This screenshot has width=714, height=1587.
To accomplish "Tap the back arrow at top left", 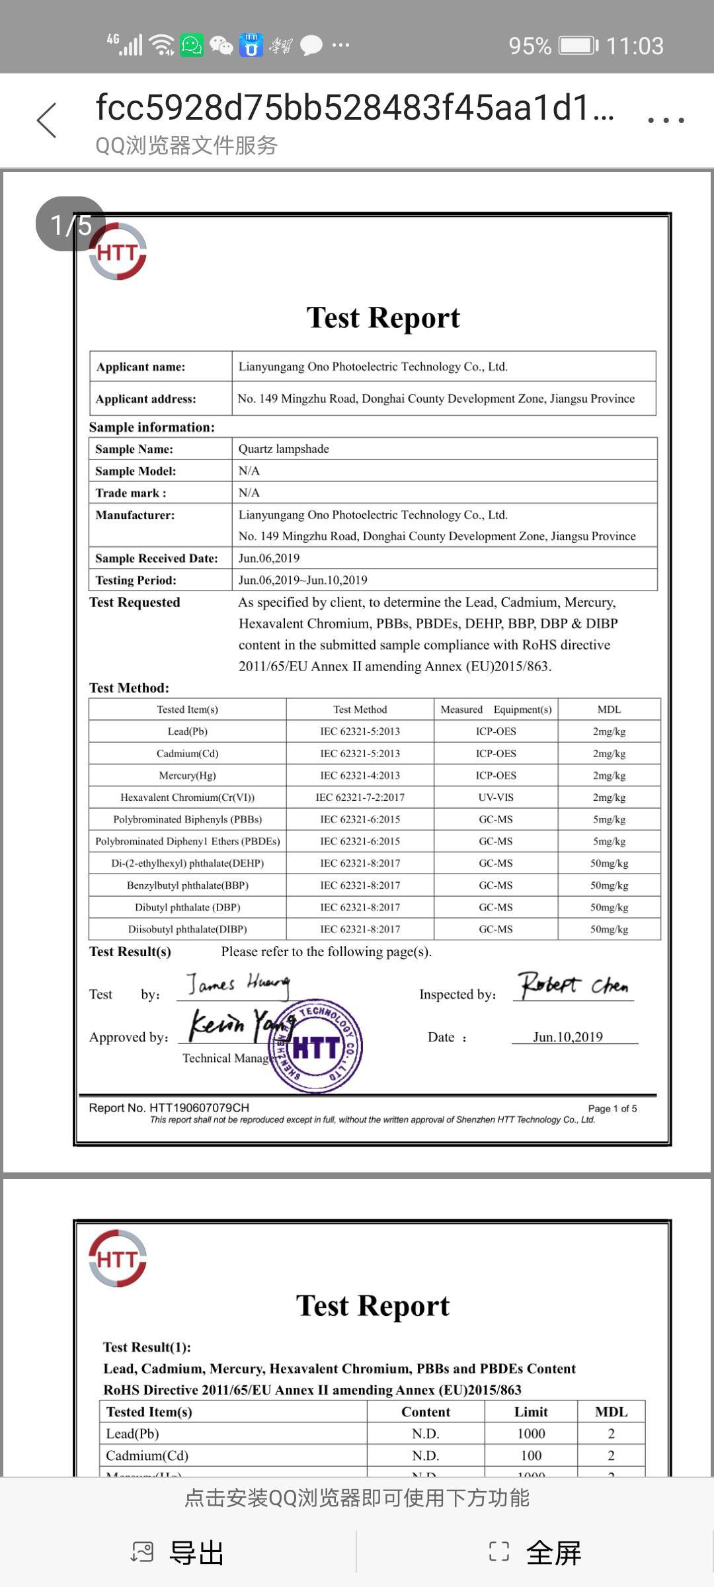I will (47, 121).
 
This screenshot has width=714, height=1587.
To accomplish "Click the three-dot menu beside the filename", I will (665, 120).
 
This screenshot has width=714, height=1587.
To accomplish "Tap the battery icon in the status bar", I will (578, 46).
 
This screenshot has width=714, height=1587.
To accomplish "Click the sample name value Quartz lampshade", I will (284, 449).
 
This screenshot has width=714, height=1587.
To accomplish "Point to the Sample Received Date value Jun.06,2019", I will (269, 558).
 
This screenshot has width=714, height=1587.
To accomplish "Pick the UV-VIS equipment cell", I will (496, 797).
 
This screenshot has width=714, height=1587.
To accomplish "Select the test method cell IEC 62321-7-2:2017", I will (360, 797).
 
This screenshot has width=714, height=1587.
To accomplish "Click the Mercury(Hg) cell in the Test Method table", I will (187, 776).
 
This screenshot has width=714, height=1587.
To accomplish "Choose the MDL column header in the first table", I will (609, 710).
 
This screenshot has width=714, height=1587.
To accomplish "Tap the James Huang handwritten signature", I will (237, 985).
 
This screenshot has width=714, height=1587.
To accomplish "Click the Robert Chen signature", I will (573, 985).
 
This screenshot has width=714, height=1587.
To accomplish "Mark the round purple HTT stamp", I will (315, 1046).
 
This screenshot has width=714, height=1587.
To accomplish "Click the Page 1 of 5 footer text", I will (612, 1109).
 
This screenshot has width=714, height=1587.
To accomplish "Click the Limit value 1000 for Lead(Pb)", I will (531, 1434).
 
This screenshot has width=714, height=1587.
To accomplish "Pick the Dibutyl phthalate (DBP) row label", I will (187, 907).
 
